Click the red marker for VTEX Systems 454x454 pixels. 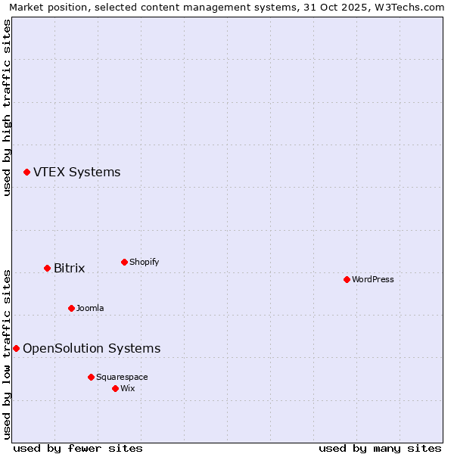pyautogui.click(x=26, y=173)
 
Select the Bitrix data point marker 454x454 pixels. pyautogui.click(x=47, y=269)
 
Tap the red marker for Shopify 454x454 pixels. pyautogui.click(x=124, y=263)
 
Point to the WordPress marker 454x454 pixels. pyautogui.click(x=347, y=280)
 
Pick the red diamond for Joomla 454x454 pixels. pyautogui.click(x=71, y=309)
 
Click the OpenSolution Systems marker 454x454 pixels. pyautogui.click(x=16, y=349)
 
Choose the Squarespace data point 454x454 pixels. pyautogui.click(x=91, y=377)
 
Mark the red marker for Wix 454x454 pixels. pyautogui.click(x=115, y=389)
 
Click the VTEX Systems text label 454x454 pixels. pyautogui.click(x=76, y=173)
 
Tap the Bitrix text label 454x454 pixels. pyautogui.click(x=69, y=269)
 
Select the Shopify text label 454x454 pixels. pyautogui.click(x=144, y=263)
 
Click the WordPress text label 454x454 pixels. pyautogui.click(x=372, y=280)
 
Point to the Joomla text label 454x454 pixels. pyautogui.click(x=90, y=309)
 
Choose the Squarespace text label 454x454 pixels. pyautogui.click(x=122, y=377)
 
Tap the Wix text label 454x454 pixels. pyautogui.click(x=127, y=389)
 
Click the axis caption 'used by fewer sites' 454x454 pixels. pyautogui.click(x=78, y=448)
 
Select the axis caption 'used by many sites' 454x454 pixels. pyautogui.click(x=380, y=448)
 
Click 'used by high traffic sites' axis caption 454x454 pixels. pyautogui.click(x=7, y=107)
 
